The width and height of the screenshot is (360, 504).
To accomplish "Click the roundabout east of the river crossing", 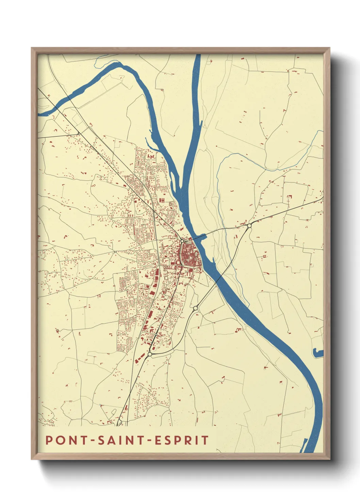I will [x=249, y=225].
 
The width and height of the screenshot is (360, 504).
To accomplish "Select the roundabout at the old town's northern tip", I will [x=182, y=241].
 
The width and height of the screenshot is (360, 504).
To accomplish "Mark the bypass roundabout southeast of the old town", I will [x=195, y=308].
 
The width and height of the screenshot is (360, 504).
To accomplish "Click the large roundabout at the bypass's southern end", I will [x=150, y=355].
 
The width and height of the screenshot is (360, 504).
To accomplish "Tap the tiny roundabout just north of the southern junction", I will [x=156, y=335].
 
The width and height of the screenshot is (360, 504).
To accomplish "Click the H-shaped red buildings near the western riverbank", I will [x=162, y=200].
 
